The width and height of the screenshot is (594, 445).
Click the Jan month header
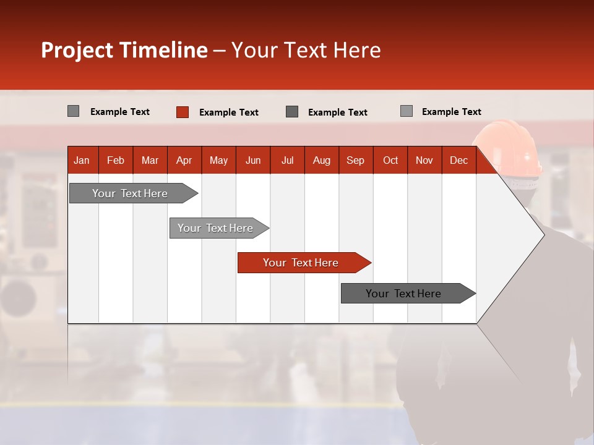pyautogui.click(x=82, y=161)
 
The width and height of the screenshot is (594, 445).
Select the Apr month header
pyautogui.click(x=184, y=161)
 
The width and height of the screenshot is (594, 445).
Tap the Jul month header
pyautogui.click(x=287, y=161)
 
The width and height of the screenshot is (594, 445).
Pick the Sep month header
pyautogui.click(x=355, y=161)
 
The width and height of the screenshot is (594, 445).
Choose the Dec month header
pyautogui.click(x=458, y=161)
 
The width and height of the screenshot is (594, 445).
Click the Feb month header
pyautogui.click(x=116, y=161)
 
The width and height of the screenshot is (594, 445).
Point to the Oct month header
pyautogui.click(x=390, y=161)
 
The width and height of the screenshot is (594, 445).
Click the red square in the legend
pyautogui.click(x=183, y=112)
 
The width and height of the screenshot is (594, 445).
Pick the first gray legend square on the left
pyautogui.click(x=74, y=111)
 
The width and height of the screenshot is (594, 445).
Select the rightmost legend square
pyautogui.click(x=407, y=111)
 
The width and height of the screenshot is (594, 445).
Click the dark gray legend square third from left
pyautogui.click(x=292, y=112)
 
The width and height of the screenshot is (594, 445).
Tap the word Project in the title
pyautogui.click(x=77, y=50)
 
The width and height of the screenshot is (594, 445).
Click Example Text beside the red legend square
pyautogui.click(x=229, y=112)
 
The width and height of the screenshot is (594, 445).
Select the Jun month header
pyautogui.click(x=253, y=161)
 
